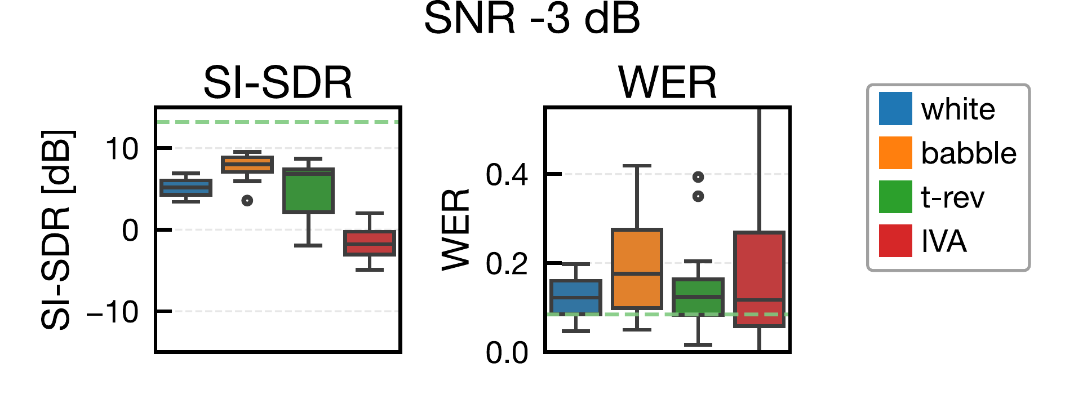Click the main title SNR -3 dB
[x=531, y=19]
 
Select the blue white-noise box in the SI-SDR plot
[x=186, y=187]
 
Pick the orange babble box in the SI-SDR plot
[x=247, y=164]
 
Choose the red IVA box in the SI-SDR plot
[x=370, y=243]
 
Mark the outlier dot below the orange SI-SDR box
[x=247, y=200]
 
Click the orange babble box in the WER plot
[x=637, y=268]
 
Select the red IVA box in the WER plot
[x=759, y=279]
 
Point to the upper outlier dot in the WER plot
[x=698, y=177]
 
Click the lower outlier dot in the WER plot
[x=698, y=196]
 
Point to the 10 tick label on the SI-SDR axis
[x=121, y=149]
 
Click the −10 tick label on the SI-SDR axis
[x=113, y=312]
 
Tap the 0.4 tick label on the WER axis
[x=507, y=175]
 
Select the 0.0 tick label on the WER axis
[x=507, y=353]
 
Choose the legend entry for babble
[x=968, y=153]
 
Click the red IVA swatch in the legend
[x=895, y=241]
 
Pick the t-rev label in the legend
[x=952, y=197]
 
